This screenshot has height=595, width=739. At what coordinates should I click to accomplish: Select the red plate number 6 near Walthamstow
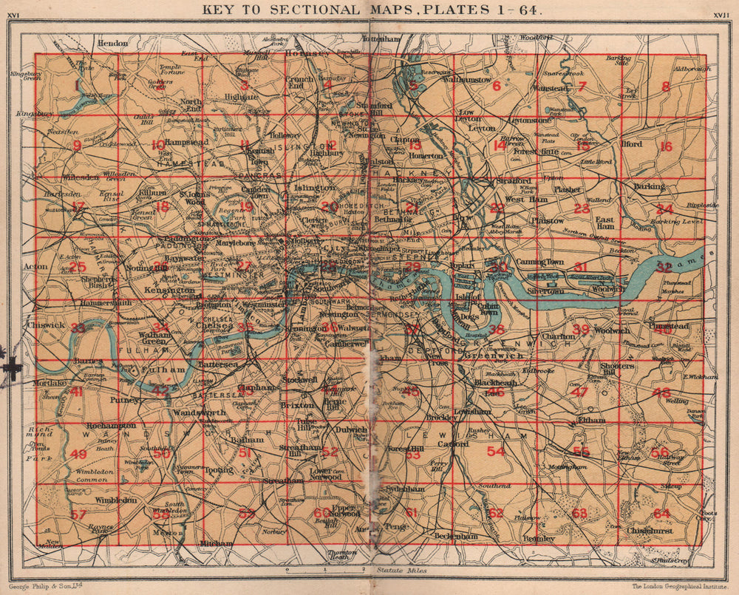tap(497, 86)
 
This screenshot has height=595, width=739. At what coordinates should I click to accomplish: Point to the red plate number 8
tap(665, 87)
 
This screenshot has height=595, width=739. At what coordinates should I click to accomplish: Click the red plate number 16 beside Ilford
tap(665, 146)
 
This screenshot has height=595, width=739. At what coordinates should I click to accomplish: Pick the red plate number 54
tap(496, 452)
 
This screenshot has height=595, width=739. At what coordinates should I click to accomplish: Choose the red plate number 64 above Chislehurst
tap(661, 513)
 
